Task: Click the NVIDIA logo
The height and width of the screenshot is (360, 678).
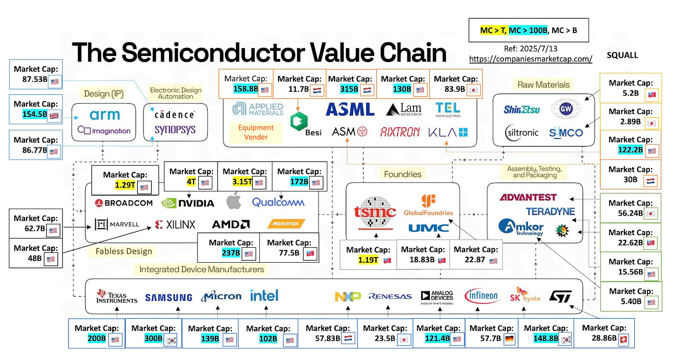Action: click(x=188, y=203)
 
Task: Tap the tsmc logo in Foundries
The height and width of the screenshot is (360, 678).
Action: click(x=375, y=212)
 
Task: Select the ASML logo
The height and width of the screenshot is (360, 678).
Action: click(x=350, y=109)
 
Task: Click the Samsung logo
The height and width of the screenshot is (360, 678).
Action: click(x=169, y=298)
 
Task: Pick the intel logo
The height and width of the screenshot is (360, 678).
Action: click(x=264, y=296)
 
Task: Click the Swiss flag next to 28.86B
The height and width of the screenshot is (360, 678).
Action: click(x=624, y=339)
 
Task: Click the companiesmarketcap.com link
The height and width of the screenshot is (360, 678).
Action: click(x=530, y=59)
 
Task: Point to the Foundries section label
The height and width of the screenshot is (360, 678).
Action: click(x=402, y=174)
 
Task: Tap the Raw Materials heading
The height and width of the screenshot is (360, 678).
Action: click(x=543, y=85)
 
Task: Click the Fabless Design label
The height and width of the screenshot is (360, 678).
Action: click(x=124, y=251)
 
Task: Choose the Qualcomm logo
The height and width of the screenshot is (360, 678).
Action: click(x=278, y=202)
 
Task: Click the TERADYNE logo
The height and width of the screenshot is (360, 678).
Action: click(x=550, y=212)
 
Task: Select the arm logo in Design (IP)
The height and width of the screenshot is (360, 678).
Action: click(x=105, y=115)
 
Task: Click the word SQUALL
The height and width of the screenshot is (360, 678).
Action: click(x=622, y=55)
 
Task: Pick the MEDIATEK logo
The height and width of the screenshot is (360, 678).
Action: click(x=286, y=224)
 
